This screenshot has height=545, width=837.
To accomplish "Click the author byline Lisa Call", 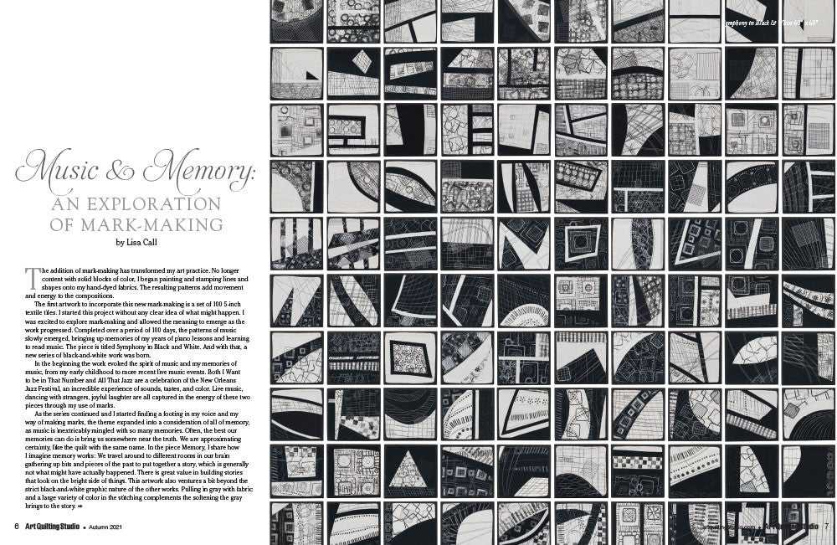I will [x=136, y=242].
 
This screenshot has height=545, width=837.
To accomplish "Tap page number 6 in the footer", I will [x=16, y=526].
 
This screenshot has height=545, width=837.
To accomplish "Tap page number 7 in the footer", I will [x=825, y=526].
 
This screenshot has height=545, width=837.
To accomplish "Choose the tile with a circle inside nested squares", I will [x=580, y=242].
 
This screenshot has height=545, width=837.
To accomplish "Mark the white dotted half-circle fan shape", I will [x=523, y=316].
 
